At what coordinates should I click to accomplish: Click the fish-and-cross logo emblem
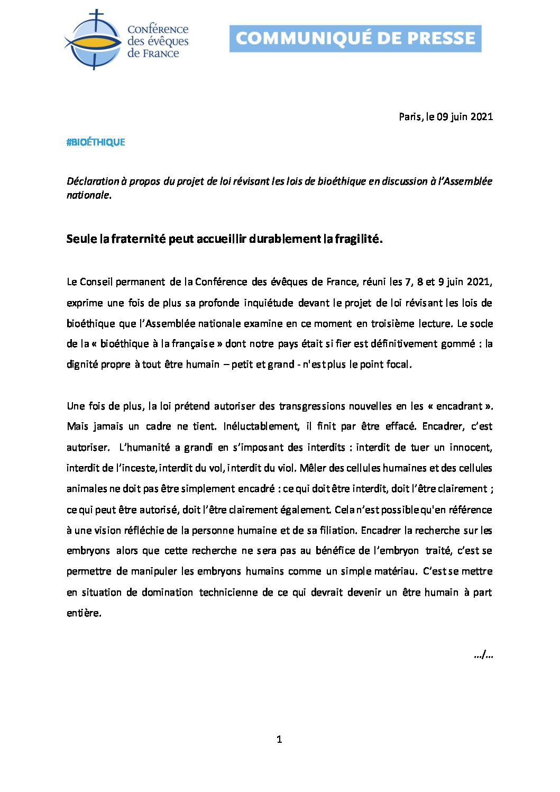[x=93, y=40]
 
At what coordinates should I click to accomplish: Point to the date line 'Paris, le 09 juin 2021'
[x=446, y=116]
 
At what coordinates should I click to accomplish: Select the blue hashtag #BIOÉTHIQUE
[x=96, y=142]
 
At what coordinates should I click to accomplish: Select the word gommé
[x=460, y=344]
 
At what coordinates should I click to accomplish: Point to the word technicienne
[x=228, y=592]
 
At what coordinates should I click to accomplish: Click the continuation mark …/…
[x=483, y=655]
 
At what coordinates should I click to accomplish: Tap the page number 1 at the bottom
[x=279, y=739]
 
